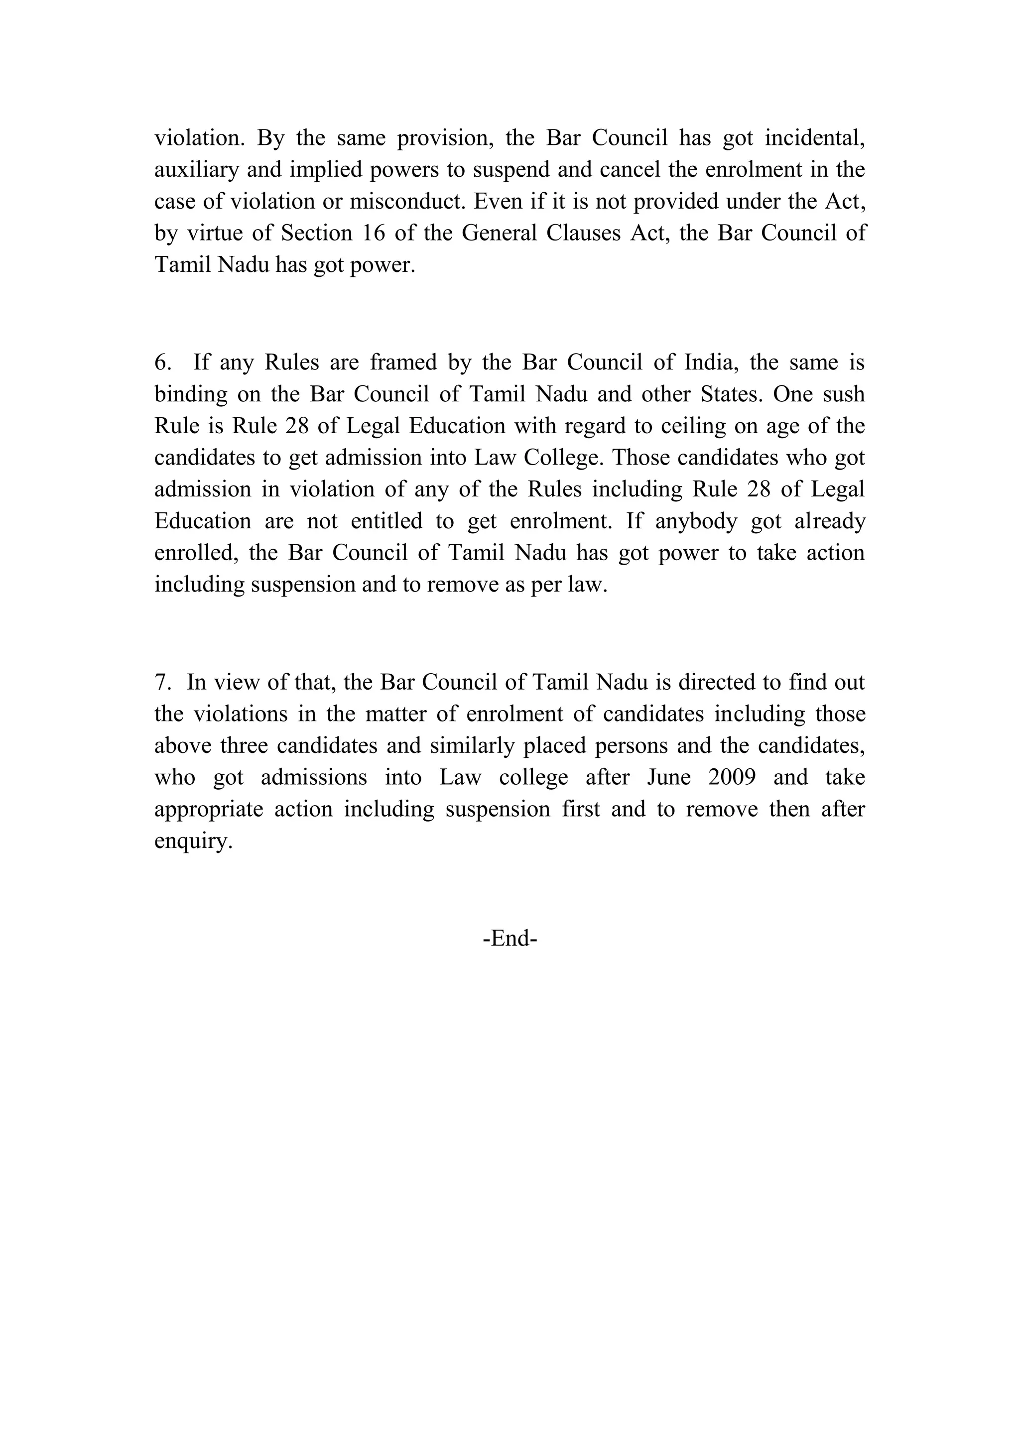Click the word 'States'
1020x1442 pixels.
tap(730, 394)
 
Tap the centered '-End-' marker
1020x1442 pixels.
tap(510, 939)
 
